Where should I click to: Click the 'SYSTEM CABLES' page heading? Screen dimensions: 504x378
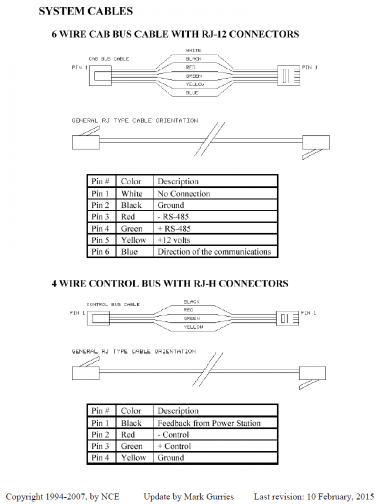[x=86, y=10]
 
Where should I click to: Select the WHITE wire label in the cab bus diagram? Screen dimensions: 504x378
[x=194, y=50]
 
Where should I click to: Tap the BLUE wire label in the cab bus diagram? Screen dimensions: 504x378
[x=192, y=93]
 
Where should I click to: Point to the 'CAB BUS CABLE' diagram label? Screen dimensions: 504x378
[x=108, y=59]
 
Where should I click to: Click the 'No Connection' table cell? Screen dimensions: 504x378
[x=184, y=194]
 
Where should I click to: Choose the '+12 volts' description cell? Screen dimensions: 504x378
[x=174, y=240]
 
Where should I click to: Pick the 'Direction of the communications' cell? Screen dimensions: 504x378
[x=214, y=251]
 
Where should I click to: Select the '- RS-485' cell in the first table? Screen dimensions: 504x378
[x=174, y=217]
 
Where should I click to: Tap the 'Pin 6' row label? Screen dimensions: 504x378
[x=100, y=251]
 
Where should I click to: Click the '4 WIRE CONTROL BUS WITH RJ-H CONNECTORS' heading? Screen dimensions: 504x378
[x=170, y=283]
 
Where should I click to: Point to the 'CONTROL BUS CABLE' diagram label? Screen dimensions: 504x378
[x=113, y=304]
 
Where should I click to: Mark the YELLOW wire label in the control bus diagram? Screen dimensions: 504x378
[x=193, y=327]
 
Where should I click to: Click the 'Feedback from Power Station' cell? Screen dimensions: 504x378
[x=209, y=423]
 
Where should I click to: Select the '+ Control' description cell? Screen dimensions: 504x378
[x=174, y=446]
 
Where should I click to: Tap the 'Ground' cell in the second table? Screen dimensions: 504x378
[x=171, y=458]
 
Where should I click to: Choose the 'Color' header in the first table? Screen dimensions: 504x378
[x=131, y=182]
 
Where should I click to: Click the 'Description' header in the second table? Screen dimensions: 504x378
[x=178, y=411]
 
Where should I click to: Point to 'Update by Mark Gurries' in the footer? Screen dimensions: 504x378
[x=188, y=496]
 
